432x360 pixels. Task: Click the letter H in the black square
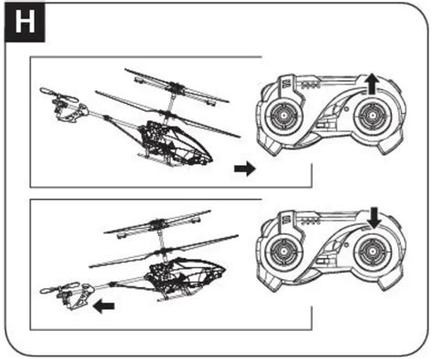click(x=25, y=22)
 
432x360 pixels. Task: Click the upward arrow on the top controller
click(x=371, y=85)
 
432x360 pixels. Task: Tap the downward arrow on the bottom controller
click(x=375, y=218)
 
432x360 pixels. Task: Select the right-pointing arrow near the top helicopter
click(x=245, y=168)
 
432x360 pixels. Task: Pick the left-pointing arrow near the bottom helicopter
click(x=104, y=306)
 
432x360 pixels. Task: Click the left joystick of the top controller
click(x=283, y=116)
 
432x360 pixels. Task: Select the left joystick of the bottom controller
click(x=283, y=252)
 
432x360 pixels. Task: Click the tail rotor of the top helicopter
click(x=59, y=96)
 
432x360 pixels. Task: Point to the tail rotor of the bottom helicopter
click(x=60, y=288)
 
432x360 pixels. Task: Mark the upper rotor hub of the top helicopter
click(x=175, y=86)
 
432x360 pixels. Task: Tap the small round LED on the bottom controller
click(x=345, y=244)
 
